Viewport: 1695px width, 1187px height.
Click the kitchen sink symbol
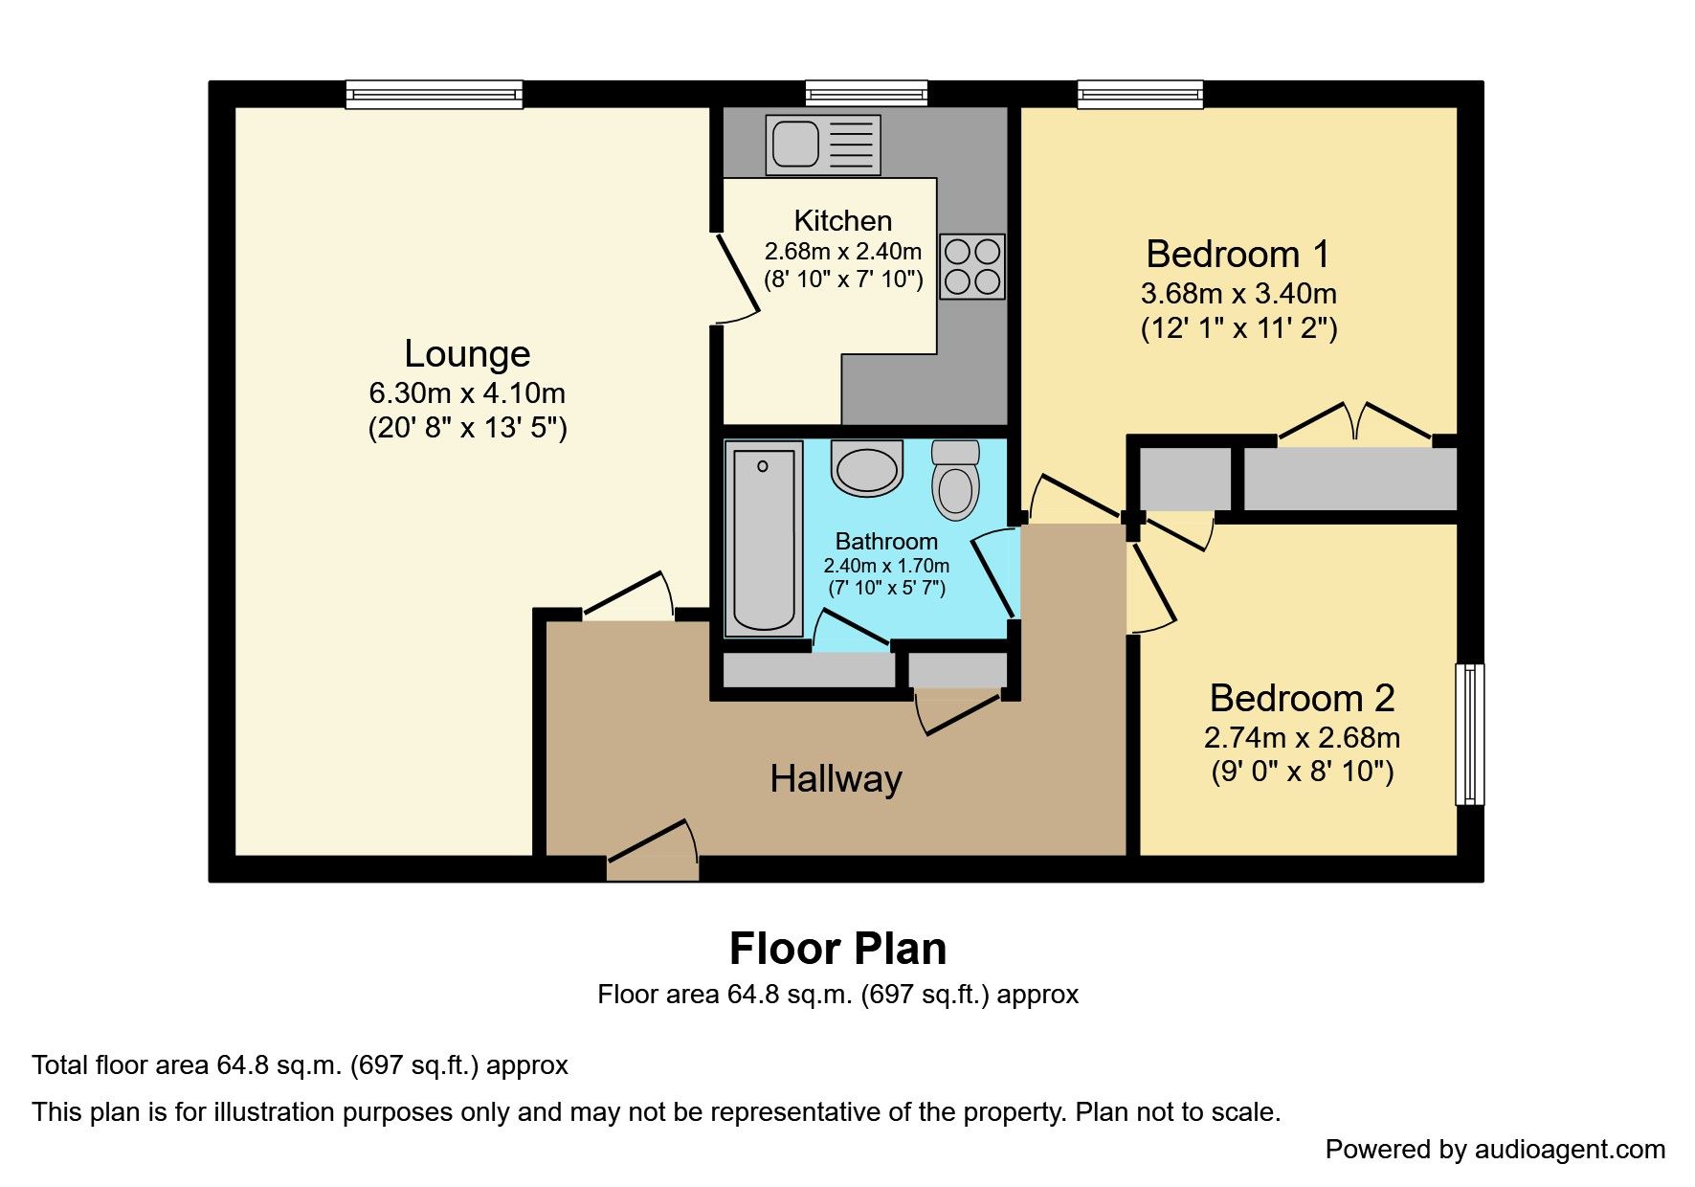pyautogui.click(x=822, y=145)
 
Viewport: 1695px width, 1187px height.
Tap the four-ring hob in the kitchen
pyautogui.click(x=972, y=266)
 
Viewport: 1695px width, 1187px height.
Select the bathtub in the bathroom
pyautogui.click(x=764, y=539)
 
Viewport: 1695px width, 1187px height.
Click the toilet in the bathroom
pyautogui.click(x=955, y=480)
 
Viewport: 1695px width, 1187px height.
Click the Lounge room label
pyautogui.click(x=467, y=354)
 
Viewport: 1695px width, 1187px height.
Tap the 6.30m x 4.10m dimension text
pyautogui.click(x=467, y=393)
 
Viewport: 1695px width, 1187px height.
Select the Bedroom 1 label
pyautogui.click(x=1238, y=255)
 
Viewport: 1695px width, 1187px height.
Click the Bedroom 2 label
pyautogui.click(x=1302, y=699)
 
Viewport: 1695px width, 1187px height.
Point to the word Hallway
pyautogui.click(x=836, y=779)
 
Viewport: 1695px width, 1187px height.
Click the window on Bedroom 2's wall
pyautogui.click(x=1469, y=734)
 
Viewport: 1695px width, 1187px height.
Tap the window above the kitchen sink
pyautogui.click(x=866, y=93)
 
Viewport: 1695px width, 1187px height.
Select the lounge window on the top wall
pyautogui.click(x=434, y=94)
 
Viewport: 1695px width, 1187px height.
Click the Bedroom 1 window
pyautogui.click(x=1140, y=94)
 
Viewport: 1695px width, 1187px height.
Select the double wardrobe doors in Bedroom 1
pyautogui.click(x=1354, y=423)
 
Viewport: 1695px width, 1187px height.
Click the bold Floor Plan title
pyautogui.click(x=837, y=949)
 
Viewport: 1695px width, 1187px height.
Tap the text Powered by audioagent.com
pyautogui.click(x=1495, y=1150)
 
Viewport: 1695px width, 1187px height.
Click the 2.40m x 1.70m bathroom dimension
pyautogui.click(x=886, y=566)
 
